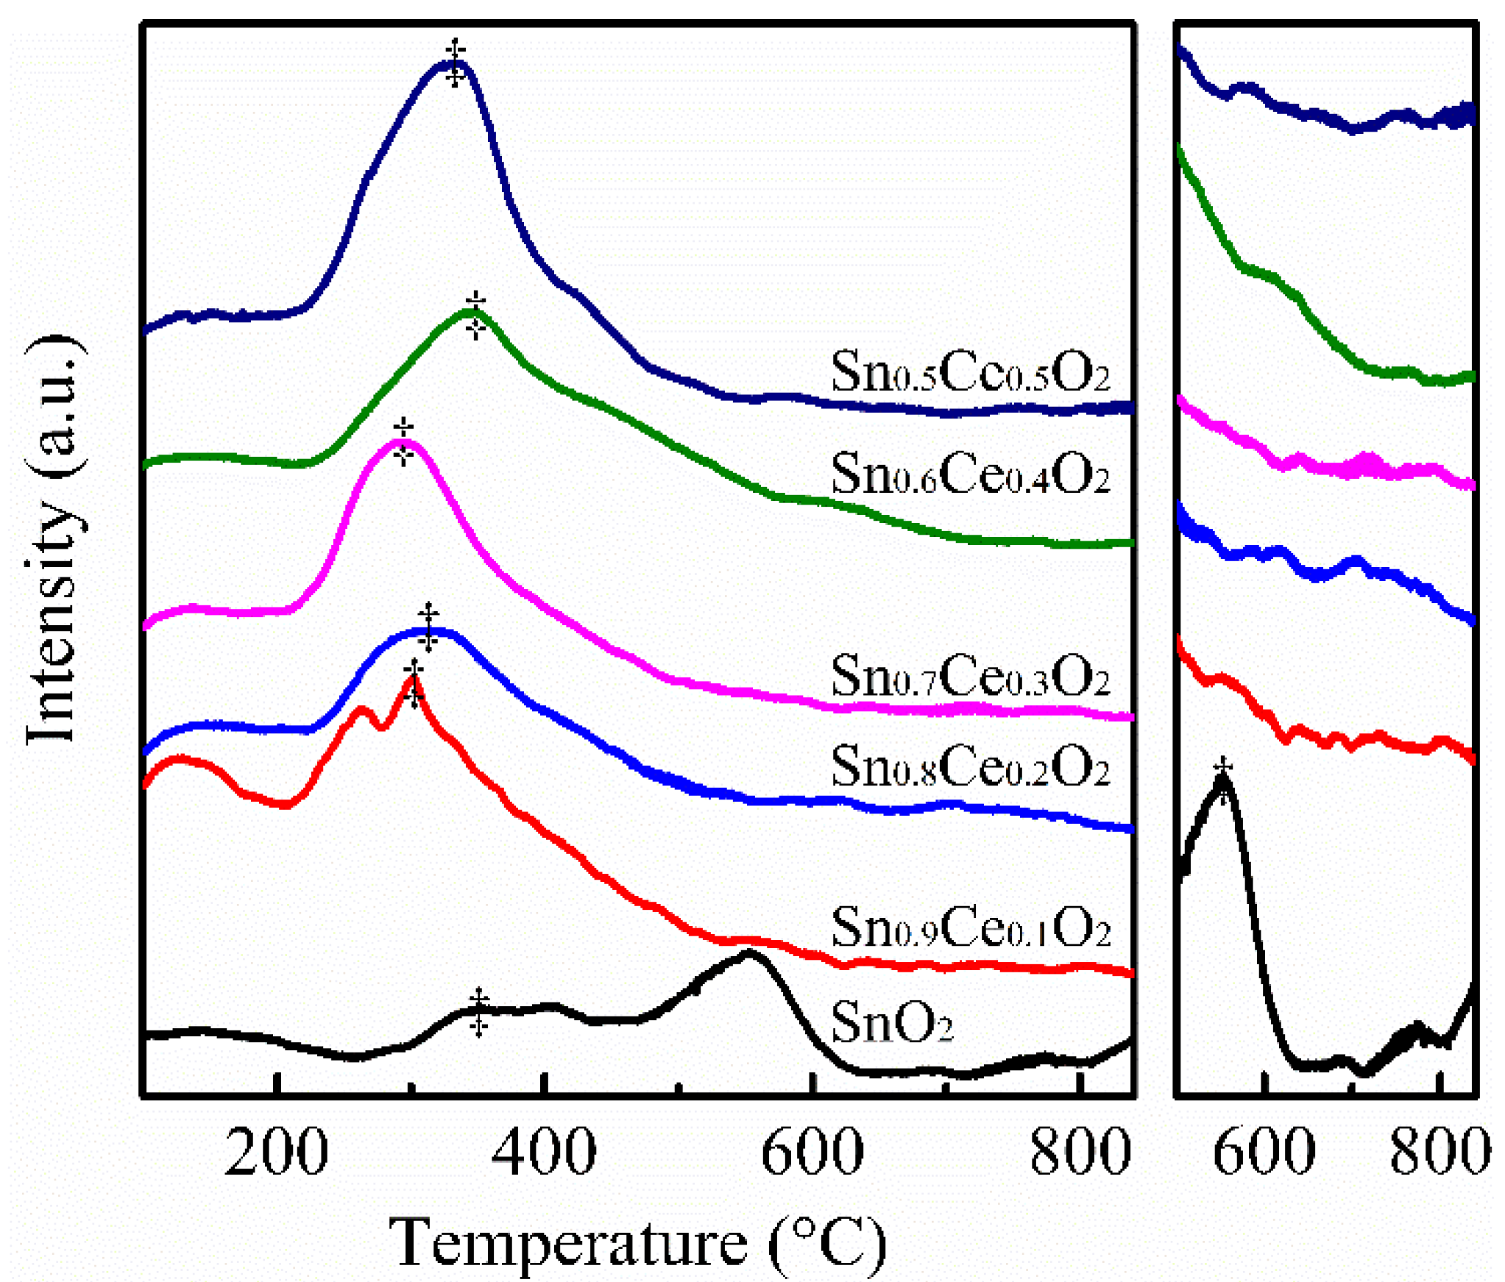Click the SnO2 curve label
pos(891,1022)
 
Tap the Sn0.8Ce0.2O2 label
pos(970,766)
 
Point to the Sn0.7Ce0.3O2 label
pos(970,675)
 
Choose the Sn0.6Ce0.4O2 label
pos(970,472)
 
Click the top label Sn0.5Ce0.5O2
pos(970,371)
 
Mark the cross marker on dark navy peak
pos(456,63)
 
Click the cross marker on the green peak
pos(475,316)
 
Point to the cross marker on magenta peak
pos(403,442)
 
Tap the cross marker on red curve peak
pos(414,683)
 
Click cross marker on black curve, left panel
pos(478,1012)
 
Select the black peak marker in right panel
pos(1223,780)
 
